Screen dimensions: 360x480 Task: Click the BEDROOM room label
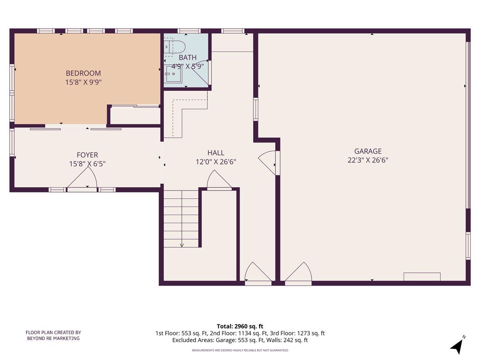point(83,73)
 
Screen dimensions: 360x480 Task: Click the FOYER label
point(87,155)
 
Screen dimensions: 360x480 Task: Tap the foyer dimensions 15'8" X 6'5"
point(87,164)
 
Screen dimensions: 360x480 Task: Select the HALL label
point(216,153)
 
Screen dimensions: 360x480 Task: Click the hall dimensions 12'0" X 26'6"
point(216,162)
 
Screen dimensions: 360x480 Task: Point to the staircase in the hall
point(181,218)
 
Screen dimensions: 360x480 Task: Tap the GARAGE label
point(368,151)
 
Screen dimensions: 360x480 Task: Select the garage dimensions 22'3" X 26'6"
point(368,160)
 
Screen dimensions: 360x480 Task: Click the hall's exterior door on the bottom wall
point(258,274)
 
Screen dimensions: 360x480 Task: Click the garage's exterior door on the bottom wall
point(298,274)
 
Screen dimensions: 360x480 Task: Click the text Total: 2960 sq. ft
point(240,326)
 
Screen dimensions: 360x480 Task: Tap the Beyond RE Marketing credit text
point(53,335)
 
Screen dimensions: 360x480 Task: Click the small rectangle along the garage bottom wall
point(422,276)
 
